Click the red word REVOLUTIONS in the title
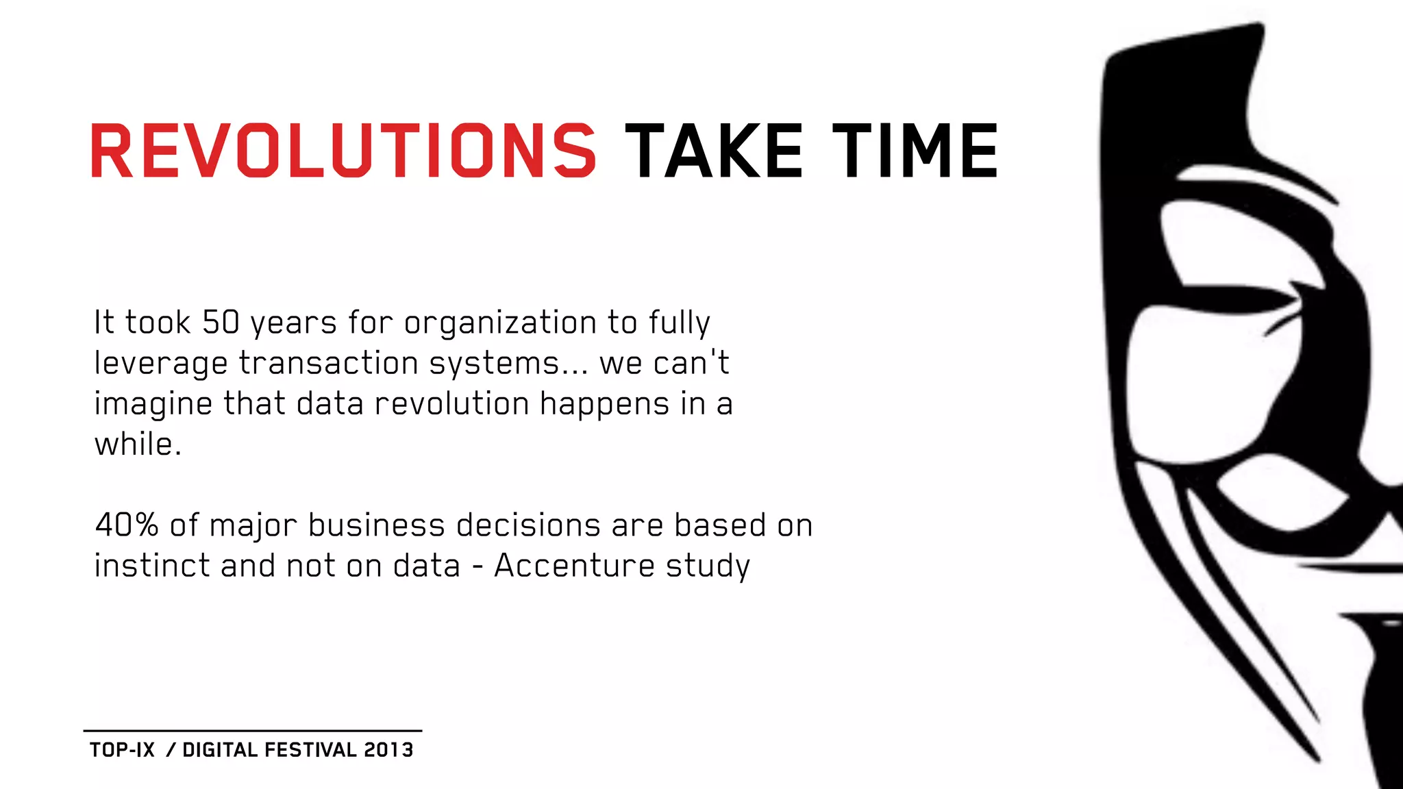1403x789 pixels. (343, 151)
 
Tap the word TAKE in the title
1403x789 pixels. (713, 151)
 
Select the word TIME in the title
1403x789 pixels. (915, 151)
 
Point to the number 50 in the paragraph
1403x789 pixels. (221, 323)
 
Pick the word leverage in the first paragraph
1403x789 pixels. (160, 364)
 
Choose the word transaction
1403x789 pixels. (328, 363)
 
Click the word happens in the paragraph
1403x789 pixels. (604, 404)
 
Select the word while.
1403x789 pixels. (137, 444)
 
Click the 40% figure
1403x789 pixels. (127, 525)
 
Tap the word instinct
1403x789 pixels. (151, 566)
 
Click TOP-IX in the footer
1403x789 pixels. (123, 750)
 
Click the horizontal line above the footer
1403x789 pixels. (253, 731)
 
